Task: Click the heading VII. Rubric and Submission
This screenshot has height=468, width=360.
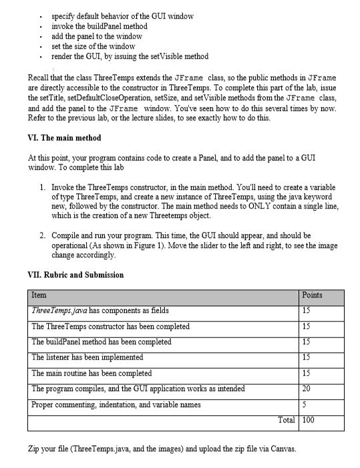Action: point(76,275)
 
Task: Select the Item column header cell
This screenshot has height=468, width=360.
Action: point(39,295)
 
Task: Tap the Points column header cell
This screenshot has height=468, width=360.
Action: point(311,295)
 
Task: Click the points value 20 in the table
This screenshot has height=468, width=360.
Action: point(307,388)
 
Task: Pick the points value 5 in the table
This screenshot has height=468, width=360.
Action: point(305,404)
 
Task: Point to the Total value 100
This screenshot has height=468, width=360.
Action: point(309,420)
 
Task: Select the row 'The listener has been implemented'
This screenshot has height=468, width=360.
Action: point(87,357)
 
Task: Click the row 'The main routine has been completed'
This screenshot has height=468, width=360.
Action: point(92,372)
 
